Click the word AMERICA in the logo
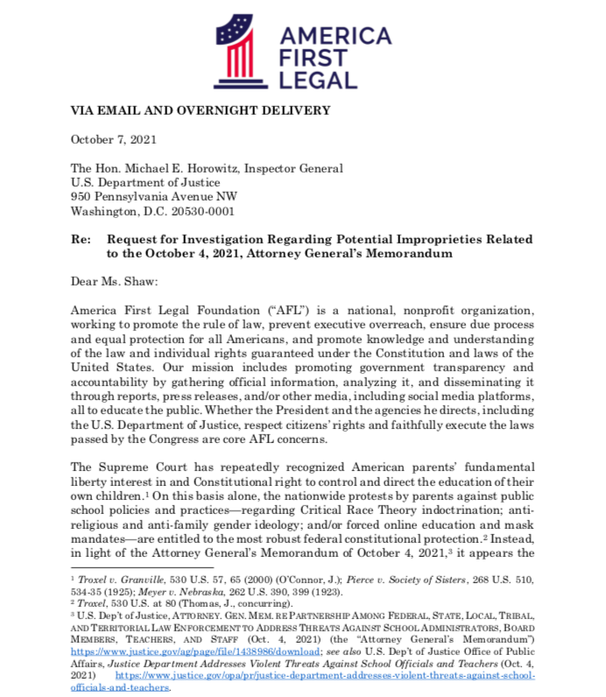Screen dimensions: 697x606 (x=335, y=37)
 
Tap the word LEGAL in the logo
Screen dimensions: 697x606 (x=319, y=81)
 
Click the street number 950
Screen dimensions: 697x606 (x=81, y=196)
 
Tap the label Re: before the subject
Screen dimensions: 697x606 (x=81, y=239)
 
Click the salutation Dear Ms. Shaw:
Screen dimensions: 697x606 (x=110, y=282)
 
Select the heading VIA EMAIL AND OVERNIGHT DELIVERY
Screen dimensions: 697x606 (x=188, y=110)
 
